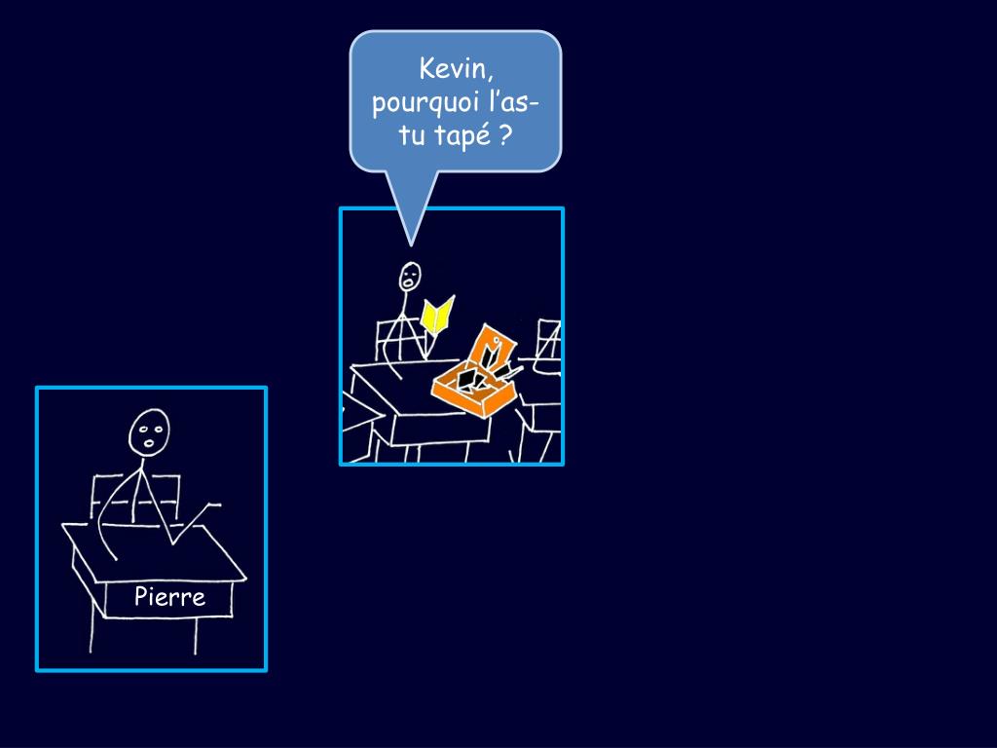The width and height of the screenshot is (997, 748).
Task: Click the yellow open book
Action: tap(437, 316)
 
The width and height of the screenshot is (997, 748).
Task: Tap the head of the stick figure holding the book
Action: tap(410, 278)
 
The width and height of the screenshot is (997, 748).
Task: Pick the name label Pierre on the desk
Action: tap(169, 597)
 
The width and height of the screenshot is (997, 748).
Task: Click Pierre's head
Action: tap(149, 431)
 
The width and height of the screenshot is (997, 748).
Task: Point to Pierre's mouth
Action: tap(149, 444)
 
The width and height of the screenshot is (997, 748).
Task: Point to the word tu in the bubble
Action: tap(412, 136)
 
